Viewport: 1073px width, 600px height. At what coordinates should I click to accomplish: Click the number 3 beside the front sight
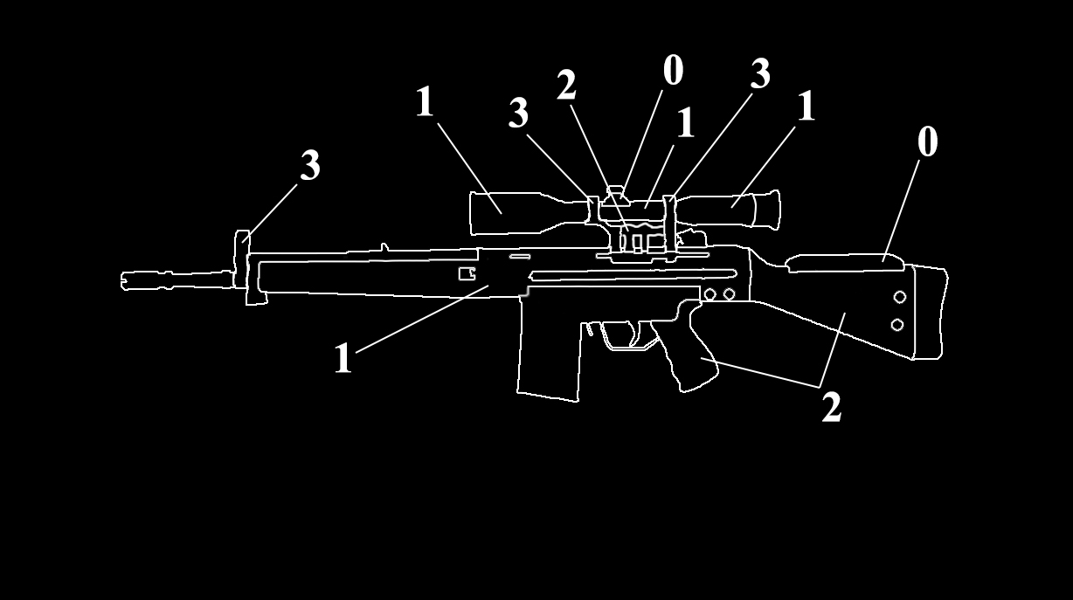pos(310,165)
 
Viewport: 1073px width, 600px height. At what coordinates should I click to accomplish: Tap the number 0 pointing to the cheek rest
pos(927,142)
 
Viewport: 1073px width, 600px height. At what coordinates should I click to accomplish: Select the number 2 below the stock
pos(831,407)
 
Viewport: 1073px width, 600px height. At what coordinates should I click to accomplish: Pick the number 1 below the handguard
pos(343,358)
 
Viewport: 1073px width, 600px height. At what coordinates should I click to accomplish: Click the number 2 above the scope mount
pos(566,86)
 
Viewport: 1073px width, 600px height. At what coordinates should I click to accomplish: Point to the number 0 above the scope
pos(673,71)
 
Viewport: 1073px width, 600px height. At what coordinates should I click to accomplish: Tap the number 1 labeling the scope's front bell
pos(425,102)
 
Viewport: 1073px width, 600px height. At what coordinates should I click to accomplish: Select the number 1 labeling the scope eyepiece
pos(806,107)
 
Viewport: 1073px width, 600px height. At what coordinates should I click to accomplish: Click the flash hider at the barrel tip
pos(140,279)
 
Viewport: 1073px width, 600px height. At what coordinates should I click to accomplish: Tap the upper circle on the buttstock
pos(898,298)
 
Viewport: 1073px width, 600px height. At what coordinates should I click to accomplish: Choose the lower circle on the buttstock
pos(896,325)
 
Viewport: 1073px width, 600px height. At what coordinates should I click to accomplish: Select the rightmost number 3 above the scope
pos(760,75)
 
